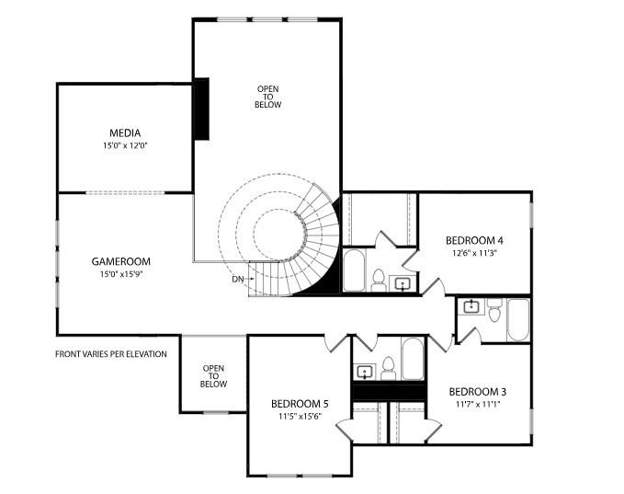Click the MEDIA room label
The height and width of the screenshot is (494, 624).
coord(125,133)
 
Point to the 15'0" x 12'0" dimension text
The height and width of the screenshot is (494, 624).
coord(125,145)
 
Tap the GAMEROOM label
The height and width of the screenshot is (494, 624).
coord(120,261)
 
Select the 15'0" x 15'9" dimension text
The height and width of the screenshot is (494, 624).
coord(120,273)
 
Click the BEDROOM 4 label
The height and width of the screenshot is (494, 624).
coord(474,241)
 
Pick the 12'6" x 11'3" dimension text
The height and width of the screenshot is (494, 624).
coord(474,253)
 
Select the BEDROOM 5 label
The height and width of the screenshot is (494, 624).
coord(300,404)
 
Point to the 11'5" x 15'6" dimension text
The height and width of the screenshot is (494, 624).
coord(300,416)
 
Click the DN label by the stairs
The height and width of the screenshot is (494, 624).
coord(238,279)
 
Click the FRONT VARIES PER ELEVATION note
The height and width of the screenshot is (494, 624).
coord(111,354)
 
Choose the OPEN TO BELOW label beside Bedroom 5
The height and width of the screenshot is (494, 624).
coord(213,375)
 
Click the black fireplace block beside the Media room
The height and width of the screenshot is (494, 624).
coord(201,109)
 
